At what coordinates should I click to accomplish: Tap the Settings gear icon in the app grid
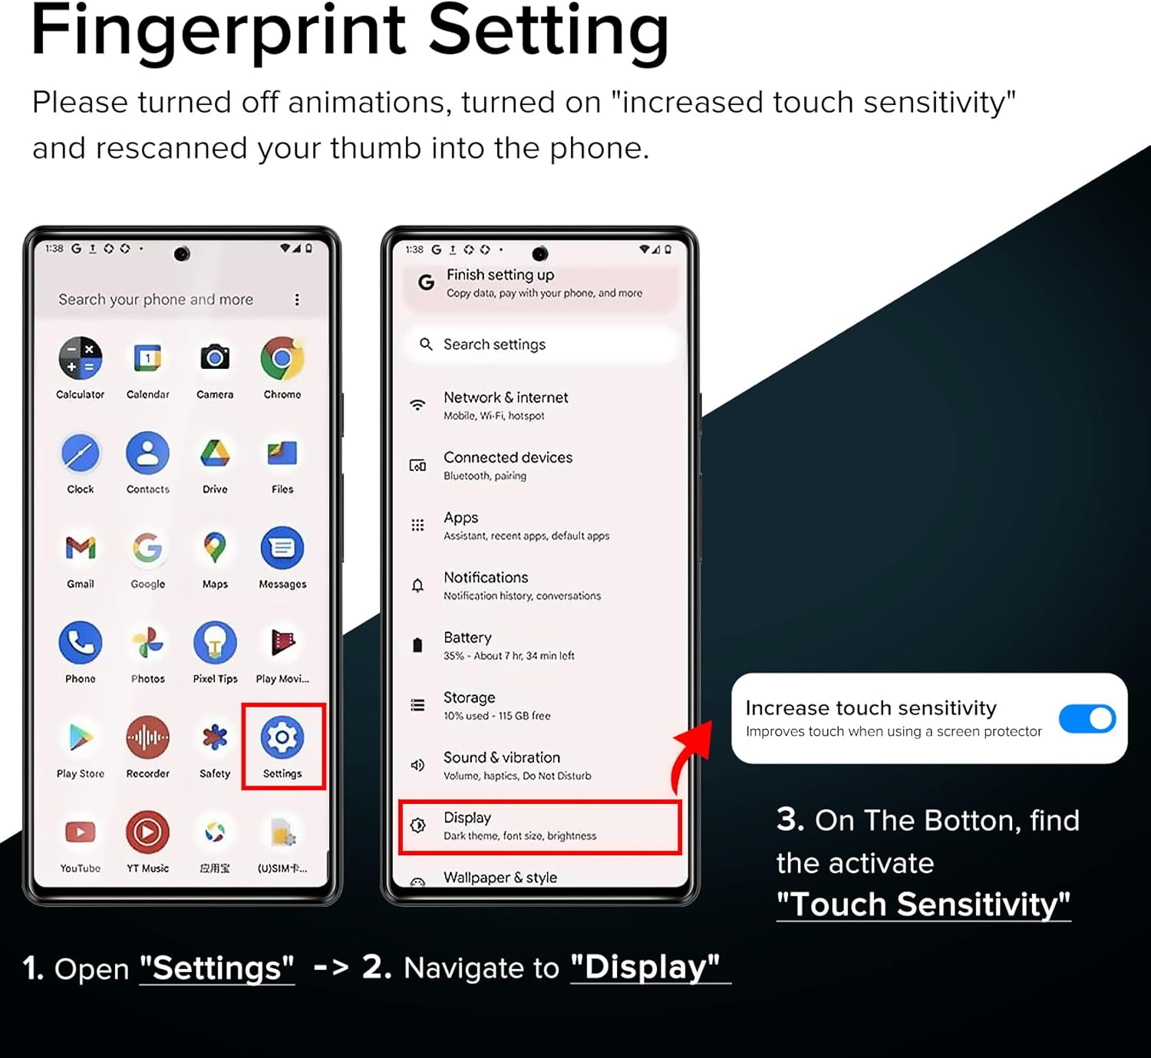pyautogui.click(x=282, y=737)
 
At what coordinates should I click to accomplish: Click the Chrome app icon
pyautogui.click(x=282, y=358)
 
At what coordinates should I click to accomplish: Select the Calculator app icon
pyautogui.click(x=81, y=358)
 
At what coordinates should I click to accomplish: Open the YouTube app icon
pyautogui.click(x=81, y=832)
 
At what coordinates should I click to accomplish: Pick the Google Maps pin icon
pyautogui.click(x=215, y=547)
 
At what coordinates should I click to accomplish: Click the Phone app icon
pyautogui.click(x=81, y=643)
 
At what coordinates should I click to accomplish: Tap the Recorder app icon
pyautogui.click(x=147, y=737)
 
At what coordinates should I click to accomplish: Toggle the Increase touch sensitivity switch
pyautogui.click(x=1087, y=718)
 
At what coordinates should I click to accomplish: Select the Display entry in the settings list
pyautogui.click(x=539, y=827)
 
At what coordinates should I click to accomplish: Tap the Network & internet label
pyautogui.click(x=506, y=397)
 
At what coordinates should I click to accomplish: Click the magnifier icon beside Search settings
pyautogui.click(x=426, y=344)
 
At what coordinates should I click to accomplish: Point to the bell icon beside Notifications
pyautogui.click(x=417, y=585)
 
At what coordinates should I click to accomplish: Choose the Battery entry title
pyautogui.click(x=467, y=638)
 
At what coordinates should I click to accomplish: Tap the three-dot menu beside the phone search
pyautogui.click(x=297, y=299)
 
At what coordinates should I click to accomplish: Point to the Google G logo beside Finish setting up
pyautogui.click(x=426, y=282)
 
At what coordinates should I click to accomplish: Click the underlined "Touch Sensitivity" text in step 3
pyautogui.click(x=923, y=905)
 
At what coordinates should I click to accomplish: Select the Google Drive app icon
pyautogui.click(x=215, y=453)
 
